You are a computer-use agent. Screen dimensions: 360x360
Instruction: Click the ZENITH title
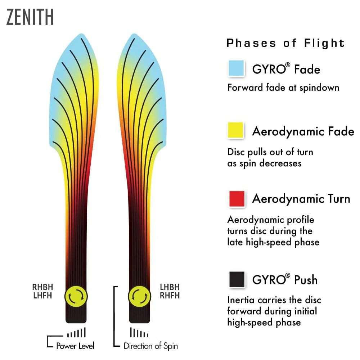pyautogui.click(x=30, y=17)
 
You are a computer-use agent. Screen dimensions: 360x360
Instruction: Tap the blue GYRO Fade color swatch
pyautogui.click(x=236, y=68)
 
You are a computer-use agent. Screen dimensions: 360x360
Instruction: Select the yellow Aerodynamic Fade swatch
pyautogui.click(x=235, y=130)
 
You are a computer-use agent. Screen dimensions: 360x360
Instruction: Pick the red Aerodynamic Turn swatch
pyautogui.click(x=237, y=199)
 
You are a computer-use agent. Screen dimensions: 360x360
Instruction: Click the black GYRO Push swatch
pyautogui.click(x=237, y=279)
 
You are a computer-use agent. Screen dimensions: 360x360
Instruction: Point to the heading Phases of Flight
pyautogui.click(x=285, y=43)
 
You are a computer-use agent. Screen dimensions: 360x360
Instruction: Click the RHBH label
pyautogui.click(x=42, y=287)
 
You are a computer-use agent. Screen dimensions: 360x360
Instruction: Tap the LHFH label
pyautogui.click(x=42, y=295)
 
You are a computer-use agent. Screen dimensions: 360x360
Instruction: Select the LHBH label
pyautogui.click(x=170, y=287)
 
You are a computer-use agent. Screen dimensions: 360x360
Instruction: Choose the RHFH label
pyautogui.click(x=170, y=295)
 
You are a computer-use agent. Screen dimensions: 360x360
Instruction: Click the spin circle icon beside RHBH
pyautogui.click(x=76, y=296)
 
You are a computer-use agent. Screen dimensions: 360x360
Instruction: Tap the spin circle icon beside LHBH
pyautogui.click(x=139, y=296)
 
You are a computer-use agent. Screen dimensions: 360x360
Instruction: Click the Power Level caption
pyautogui.click(x=75, y=346)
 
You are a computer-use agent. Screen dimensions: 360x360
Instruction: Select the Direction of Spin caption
pyautogui.click(x=150, y=346)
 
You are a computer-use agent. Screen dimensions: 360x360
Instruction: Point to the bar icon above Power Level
pyautogui.click(x=76, y=332)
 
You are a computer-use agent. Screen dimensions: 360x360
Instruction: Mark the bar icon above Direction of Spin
pyautogui.click(x=139, y=332)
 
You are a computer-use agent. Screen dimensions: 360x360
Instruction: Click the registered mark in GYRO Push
pyautogui.click(x=288, y=275)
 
